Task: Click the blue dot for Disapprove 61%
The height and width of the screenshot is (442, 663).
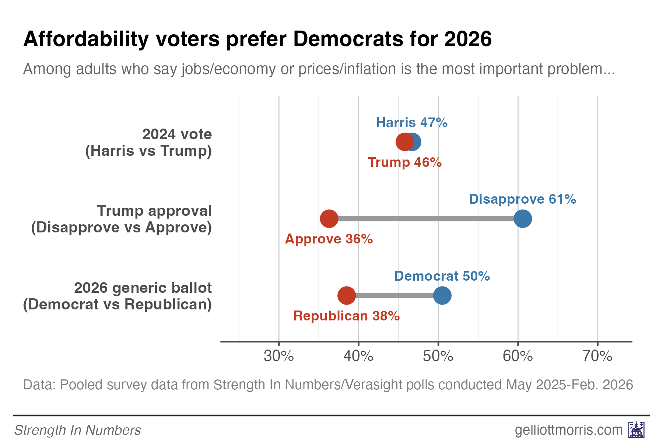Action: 522,219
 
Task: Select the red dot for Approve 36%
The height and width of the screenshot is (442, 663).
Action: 329,219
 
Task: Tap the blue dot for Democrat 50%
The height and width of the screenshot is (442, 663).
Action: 442,295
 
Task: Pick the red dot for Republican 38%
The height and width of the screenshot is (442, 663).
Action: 347,295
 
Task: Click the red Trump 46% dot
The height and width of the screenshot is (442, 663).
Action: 404,142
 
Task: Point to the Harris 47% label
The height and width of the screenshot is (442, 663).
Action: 411,122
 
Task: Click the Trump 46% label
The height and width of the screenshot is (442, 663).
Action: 404,162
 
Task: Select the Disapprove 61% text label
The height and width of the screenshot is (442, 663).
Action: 522,199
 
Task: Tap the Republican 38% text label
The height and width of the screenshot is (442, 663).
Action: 346,316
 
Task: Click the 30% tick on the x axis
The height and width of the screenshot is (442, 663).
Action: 279,356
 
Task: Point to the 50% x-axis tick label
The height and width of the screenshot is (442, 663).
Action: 438,356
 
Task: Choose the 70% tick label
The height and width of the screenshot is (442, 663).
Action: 597,356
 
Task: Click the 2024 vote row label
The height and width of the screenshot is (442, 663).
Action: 148,143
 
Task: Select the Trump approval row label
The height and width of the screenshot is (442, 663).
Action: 121,219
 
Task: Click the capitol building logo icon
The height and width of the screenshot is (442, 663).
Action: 636,429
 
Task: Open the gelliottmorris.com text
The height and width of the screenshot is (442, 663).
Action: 568,430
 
